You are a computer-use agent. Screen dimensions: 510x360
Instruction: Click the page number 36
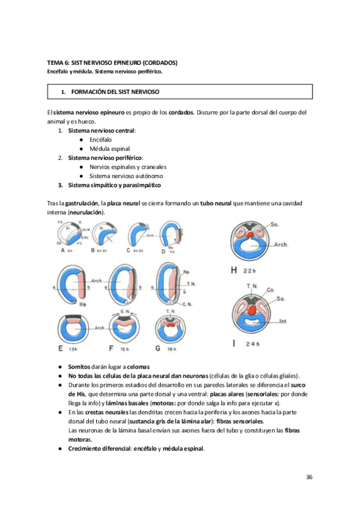pyautogui.click(x=309, y=477)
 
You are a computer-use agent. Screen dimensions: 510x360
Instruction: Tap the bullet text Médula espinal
pyautogui.click(x=109, y=148)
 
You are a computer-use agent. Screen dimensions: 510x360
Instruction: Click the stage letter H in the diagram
pyautogui.click(x=234, y=270)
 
